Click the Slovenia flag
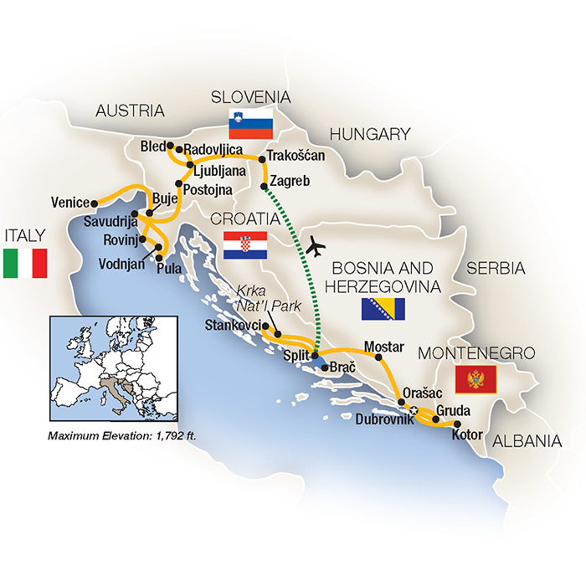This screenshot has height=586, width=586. [x=251, y=123]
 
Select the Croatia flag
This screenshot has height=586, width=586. [x=245, y=245]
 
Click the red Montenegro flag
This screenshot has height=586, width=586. [x=475, y=379]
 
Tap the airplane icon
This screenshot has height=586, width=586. [x=317, y=246]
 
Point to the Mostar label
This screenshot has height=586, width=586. [x=384, y=347]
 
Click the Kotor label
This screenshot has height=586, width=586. [x=467, y=435]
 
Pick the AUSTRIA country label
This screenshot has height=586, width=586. [x=130, y=111]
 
